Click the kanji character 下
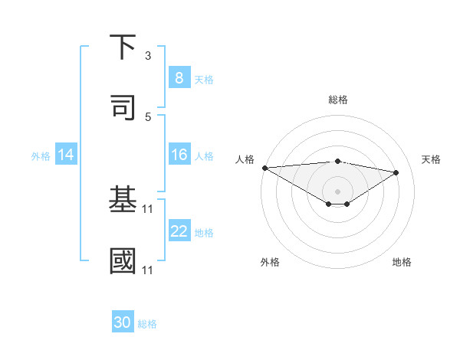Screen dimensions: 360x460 (x=124, y=47)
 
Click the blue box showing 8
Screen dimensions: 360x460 (x=179, y=78)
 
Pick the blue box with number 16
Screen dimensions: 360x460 (x=179, y=155)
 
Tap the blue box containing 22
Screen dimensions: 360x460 (x=179, y=232)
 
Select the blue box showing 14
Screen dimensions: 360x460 (x=66, y=155)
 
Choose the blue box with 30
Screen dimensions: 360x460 (x=123, y=323)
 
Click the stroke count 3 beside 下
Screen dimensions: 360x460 (x=148, y=56)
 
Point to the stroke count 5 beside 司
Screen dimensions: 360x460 (x=148, y=116)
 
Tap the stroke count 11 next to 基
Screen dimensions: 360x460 (x=149, y=208)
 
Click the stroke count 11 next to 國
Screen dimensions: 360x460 (x=149, y=270)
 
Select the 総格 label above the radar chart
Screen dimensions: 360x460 (x=338, y=100)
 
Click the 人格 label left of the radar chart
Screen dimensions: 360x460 (x=245, y=159)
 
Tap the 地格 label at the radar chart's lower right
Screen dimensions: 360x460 (x=402, y=262)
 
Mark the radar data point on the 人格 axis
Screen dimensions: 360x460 (x=264, y=168)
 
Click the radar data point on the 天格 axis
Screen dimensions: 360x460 (x=396, y=172)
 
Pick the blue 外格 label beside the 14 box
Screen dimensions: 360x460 (x=41, y=156)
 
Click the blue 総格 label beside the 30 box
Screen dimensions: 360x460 (x=147, y=324)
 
